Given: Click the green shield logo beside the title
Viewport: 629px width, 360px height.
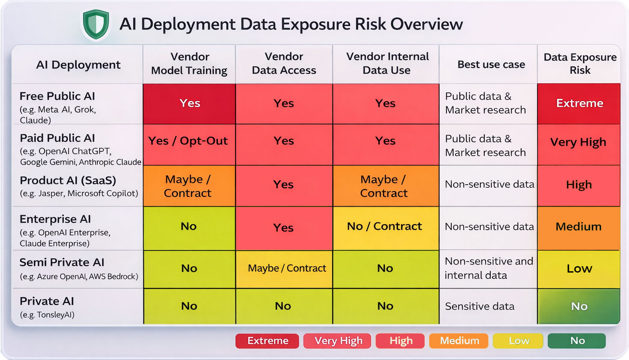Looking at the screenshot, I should pyautogui.click(x=96, y=24).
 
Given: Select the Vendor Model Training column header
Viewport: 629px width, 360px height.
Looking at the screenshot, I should pyautogui.click(x=189, y=64).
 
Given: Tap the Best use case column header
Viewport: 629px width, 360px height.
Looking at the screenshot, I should pyautogui.click(x=491, y=64).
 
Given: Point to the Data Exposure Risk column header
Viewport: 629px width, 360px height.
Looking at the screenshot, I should pyautogui.click(x=580, y=64).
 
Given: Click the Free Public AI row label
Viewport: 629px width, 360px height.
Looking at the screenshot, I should pyautogui.click(x=57, y=96).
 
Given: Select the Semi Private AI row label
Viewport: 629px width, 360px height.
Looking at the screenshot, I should pyautogui.click(x=62, y=262).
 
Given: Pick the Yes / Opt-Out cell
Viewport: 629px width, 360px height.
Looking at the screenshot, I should pyautogui.click(x=188, y=141).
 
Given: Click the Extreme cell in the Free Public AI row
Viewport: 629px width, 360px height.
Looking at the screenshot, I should pyautogui.click(x=579, y=103).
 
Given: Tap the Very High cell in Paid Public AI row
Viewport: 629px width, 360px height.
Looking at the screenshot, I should pyautogui.click(x=578, y=142).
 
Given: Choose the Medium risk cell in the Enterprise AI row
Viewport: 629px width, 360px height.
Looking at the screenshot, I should pyautogui.click(x=578, y=227).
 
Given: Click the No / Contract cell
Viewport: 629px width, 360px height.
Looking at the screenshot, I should pyautogui.click(x=384, y=226).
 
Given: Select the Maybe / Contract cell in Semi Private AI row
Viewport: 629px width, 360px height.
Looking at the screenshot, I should pyautogui.click(x=287, y=268).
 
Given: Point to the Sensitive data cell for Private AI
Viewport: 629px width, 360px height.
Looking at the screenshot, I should pyautogui.click(x=479, y=306).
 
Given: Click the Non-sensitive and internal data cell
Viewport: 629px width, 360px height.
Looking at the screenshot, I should pyautogui.click(x=488, y=268).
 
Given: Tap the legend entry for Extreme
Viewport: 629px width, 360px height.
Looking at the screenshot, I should pyautogui.click(x=268, y=341).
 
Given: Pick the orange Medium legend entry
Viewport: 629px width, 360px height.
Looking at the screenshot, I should pyautogui.click(x=459, y=341).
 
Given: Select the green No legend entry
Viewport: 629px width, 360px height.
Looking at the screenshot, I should pyautogui.click(x=577, y=341).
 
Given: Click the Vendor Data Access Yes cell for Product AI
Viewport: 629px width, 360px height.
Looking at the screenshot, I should pyautogui.click(x=283, y=185).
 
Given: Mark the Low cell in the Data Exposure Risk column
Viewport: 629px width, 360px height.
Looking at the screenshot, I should pyautogui.click(x=579, y=269).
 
